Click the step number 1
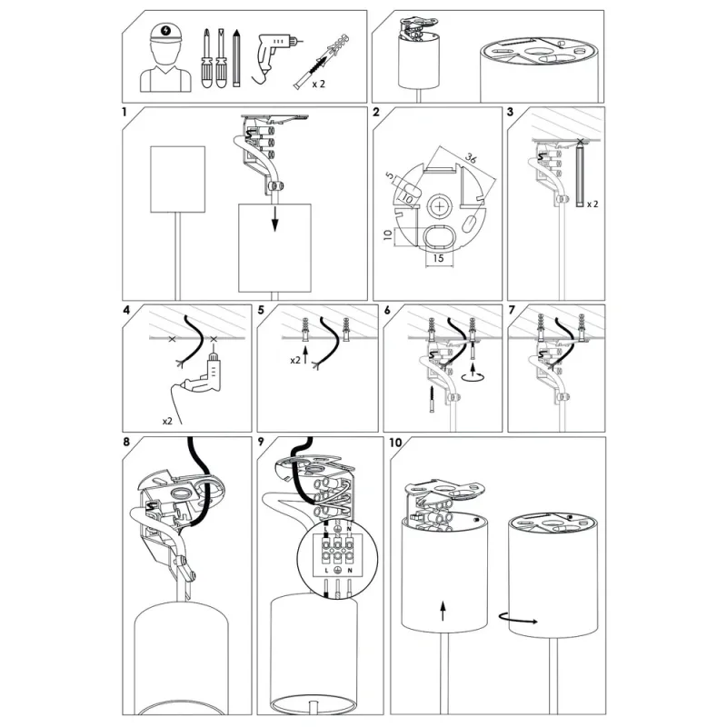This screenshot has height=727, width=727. tap(124, 112)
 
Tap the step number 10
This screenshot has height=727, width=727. tap(395, 443)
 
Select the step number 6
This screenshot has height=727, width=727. tap(388, 310)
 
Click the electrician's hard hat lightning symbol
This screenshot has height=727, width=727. tap(166, 31)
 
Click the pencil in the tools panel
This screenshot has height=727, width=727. tap(236, 58)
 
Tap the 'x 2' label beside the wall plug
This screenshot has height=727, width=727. tap(319, 85)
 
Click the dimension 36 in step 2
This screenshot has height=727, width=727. tap(471, 158)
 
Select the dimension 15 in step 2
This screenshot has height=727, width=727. tap(438, 258)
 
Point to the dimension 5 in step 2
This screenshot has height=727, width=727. tap(390, 176)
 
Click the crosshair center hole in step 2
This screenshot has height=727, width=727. tap(438, 206)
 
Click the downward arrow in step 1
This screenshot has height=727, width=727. tap(275, 218)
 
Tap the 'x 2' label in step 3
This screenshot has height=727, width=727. tap(593, 204)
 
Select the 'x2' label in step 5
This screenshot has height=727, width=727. tap(295, 360)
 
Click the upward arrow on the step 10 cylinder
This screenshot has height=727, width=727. tap(443, 611)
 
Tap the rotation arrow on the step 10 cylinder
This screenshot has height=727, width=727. tap(518, 619)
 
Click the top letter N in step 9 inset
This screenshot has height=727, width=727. tap(349, 529)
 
